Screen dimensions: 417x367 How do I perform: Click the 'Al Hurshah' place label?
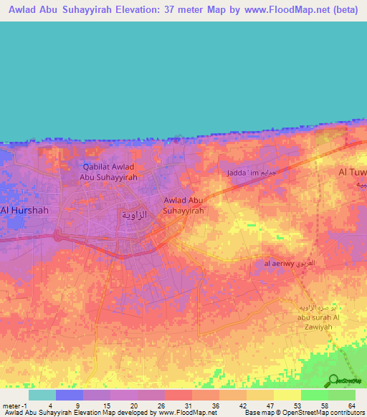coord(24,210)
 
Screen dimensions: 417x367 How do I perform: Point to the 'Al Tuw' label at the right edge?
coord(352,173)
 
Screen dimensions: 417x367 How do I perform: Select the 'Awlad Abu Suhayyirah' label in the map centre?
coord(184,206)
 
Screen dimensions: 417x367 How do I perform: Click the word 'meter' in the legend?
coord(9,405)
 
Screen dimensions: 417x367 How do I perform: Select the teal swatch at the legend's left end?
coord(42,395)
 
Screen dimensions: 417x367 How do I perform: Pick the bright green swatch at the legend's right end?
coord(341,395)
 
